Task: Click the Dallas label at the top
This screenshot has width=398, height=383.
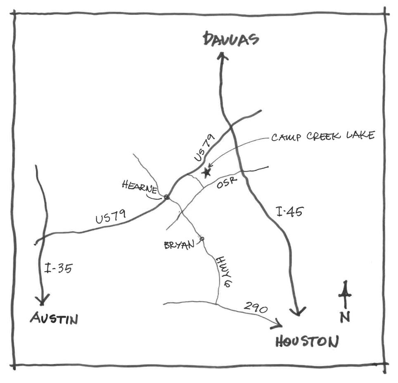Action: click(231, 40)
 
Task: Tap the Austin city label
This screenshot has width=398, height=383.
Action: click(54, 318)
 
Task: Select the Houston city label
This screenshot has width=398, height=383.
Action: click(307, 341)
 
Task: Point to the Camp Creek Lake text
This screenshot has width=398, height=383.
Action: click(323, 136)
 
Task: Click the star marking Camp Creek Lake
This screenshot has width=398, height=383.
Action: click(206, 173)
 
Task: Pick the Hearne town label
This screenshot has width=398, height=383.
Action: click(140, 186)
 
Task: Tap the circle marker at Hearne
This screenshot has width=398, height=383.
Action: click(166, 197)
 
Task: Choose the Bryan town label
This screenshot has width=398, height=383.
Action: click(179, 245)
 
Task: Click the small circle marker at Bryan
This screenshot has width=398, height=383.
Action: click(202, 239)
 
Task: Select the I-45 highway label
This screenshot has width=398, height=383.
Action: click(289, 211)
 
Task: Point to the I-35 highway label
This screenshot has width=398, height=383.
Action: click(58, 268)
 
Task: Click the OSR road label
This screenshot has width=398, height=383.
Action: click(226, 183)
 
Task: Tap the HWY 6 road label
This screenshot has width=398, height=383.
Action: click(224, 272)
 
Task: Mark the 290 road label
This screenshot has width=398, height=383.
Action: click(255, 307)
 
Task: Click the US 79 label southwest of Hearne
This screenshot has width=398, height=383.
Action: click(111, 217)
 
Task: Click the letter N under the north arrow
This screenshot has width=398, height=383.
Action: click(345, 317)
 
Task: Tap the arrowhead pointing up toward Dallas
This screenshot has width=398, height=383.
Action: click(223, 56)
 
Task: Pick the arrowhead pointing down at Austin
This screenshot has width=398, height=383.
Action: click(42, 300)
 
